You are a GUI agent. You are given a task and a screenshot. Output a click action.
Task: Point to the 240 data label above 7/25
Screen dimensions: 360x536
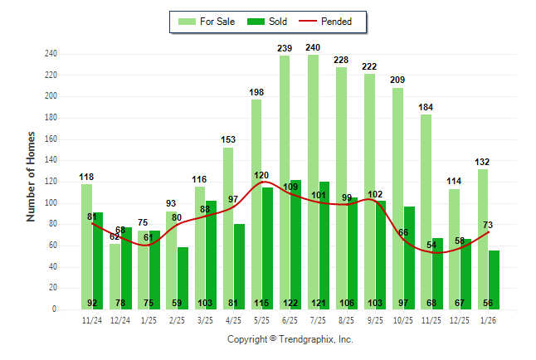click(x=313, y=47)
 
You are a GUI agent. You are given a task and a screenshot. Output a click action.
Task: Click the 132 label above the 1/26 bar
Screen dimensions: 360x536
click(x=483, y=162)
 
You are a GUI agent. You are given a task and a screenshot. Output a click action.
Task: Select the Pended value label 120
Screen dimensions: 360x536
click(x=261, y=176)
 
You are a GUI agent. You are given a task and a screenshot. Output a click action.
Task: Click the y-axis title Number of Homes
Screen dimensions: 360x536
click(x=31, y=176)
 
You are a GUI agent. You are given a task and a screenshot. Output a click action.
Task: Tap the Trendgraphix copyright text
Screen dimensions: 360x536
click(x=290, y=339)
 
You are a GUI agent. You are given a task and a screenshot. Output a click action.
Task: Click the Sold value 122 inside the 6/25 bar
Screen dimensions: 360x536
click(x=295, y=303)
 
